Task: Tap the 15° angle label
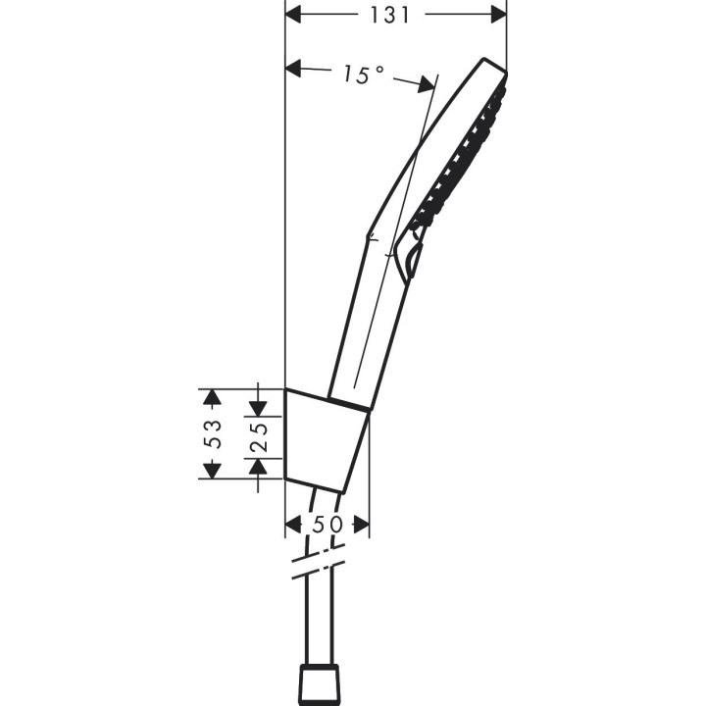(x=363, y=75)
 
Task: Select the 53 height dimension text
(x=213, y=433)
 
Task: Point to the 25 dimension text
(x=257, y=433)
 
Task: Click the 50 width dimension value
(x=328, y=525)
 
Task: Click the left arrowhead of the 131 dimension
(x=293, y=15)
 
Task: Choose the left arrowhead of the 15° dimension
(x=293, y=68)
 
